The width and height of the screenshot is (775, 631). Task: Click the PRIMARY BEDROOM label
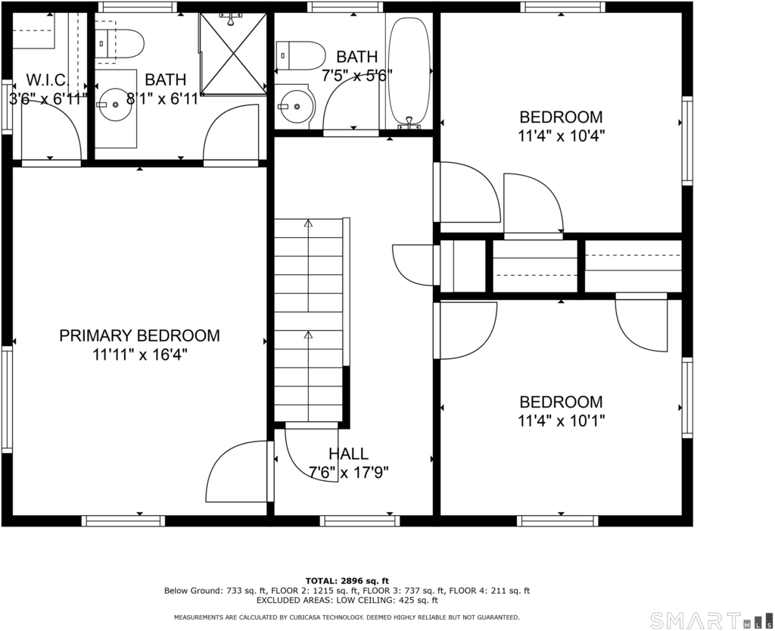tap(139, 336)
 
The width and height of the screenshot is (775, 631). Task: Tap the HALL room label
tap(348, 454)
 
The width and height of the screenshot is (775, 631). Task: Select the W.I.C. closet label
tap(48, 80)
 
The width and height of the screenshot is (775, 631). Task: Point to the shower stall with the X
tap(233, 54)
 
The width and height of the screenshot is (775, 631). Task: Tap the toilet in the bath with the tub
tap(300, 55)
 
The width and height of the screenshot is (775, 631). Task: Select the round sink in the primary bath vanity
tap(115, 105)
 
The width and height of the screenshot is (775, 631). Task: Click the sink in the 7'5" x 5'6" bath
tap(296, 106)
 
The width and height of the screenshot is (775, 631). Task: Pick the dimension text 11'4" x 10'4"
tap(561, 136)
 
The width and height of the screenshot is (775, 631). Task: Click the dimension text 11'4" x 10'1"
tap(561, 421)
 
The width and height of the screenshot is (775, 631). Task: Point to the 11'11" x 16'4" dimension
tap(139, 355)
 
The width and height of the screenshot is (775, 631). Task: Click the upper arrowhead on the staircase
tap(309, 223)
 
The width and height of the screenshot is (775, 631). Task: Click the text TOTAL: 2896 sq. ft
tap(347, 580)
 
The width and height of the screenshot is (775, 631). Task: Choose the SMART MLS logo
tap(711, 620)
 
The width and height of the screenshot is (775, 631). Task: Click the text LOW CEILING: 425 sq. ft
tap(388, 601)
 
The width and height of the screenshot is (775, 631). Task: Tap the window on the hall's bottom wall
tap(359, 520)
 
